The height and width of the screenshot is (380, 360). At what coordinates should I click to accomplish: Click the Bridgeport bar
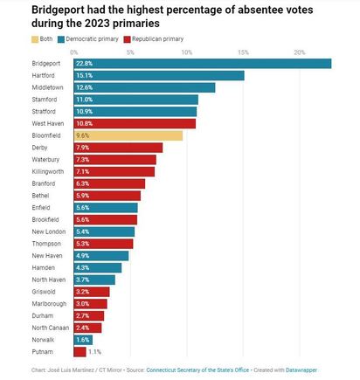(203, 64)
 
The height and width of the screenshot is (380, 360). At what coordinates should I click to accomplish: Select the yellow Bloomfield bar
(128, 135)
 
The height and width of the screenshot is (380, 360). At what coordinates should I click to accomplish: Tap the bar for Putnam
(80, 352)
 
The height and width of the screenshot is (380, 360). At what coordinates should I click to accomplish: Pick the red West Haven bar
(135, 123)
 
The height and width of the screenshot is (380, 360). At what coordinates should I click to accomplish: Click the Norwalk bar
(83, 340)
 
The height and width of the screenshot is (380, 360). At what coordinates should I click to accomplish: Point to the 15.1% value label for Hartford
(85, 76)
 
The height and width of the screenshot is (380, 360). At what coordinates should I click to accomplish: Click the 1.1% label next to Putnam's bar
(95, 352)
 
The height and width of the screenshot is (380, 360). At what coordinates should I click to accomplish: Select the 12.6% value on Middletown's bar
(85, 87)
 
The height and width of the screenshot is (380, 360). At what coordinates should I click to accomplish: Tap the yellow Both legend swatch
(35, 39)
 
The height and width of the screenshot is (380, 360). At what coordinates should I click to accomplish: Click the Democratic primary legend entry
(88, 39)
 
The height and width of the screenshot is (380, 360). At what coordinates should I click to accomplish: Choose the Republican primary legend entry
(154, 39)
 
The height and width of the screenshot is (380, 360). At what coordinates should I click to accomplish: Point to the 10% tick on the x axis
(187, 52)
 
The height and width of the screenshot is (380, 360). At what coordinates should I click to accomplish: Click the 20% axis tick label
(300, 52)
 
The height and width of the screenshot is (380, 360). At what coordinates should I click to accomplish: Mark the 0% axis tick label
(74, 52)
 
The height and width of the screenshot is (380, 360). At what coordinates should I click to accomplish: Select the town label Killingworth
(48, 172)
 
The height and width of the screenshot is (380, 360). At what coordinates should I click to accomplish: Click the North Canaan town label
(51, 328)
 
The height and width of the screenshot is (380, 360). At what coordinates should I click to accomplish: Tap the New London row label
(49, 231)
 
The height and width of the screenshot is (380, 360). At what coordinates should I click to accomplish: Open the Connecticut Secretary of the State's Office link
(197, 370)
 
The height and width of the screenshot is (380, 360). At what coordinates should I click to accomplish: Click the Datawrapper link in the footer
(301, 370)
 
